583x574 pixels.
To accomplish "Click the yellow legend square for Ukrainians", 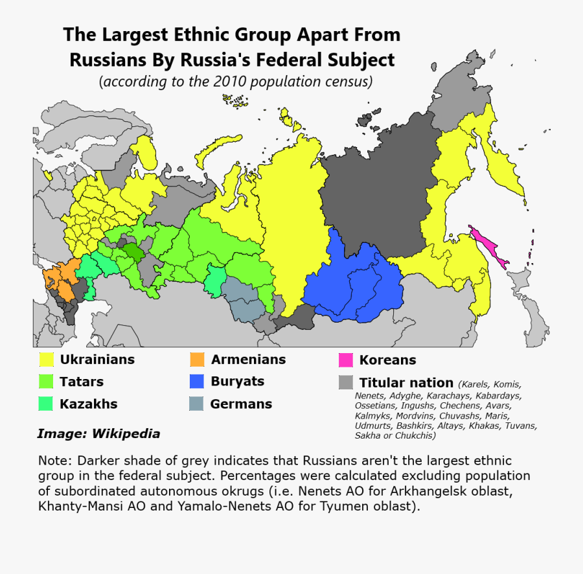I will (x=46, y=360).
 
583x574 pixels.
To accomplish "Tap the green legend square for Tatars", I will (x=46, y=382).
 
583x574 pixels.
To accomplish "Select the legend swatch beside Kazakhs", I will (x=46, y=404).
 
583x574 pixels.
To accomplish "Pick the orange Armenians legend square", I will (x=197, y=360).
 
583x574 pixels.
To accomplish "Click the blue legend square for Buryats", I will (x=197, y=382).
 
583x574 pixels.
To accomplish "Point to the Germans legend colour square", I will (x=197, y=404).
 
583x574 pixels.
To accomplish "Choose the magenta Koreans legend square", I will (x=345, y=360).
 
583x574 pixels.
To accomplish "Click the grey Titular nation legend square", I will (x=345, y=382).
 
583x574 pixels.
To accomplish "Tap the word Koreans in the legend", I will (x=387, y=360).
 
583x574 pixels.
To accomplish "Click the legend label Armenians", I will (x=248, y=360).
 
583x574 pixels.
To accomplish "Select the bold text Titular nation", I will (x=406, y=382).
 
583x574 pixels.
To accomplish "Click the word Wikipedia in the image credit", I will (x=126, y=434).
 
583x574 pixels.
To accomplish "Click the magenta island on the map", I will (x=490, y=249).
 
